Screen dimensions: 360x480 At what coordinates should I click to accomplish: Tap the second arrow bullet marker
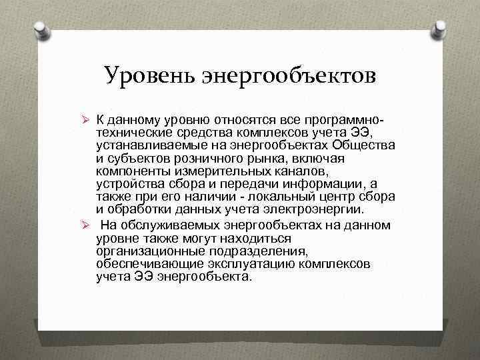(85, 225)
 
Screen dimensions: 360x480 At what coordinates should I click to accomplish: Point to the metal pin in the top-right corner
(440, 30)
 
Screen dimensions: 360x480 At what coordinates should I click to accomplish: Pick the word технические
(133, 131)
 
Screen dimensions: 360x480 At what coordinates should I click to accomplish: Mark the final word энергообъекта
(205, 276)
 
